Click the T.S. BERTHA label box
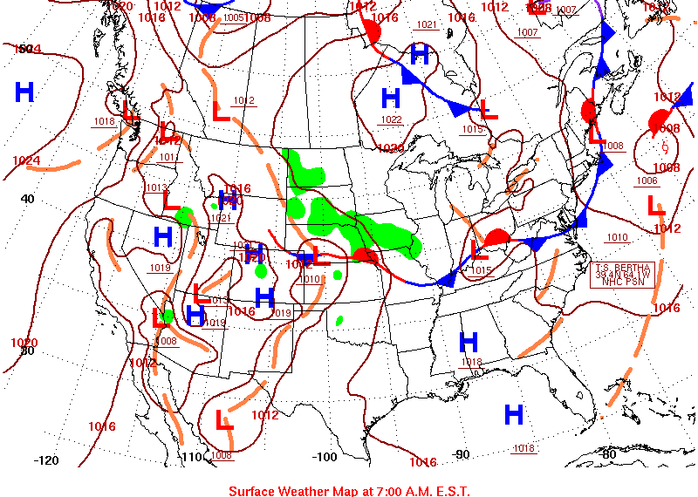[x=623, y=274]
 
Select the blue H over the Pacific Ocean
[x=24, y=92]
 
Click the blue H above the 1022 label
[x=390, y=98]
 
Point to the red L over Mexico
[x=224, y=421]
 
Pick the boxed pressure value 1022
[x=391, y=119]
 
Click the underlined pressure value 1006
[x=647, y=180]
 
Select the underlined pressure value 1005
[x=233, y=17]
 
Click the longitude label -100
[x=325, y=457]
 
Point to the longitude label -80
[x=609, y=454]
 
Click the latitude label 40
[x=28, y=199]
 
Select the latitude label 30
[x=27, y=351]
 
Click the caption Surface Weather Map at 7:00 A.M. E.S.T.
[x=349, y=490]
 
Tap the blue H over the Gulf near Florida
[x=514, y=415]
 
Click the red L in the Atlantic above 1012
[x=655, y=207]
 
